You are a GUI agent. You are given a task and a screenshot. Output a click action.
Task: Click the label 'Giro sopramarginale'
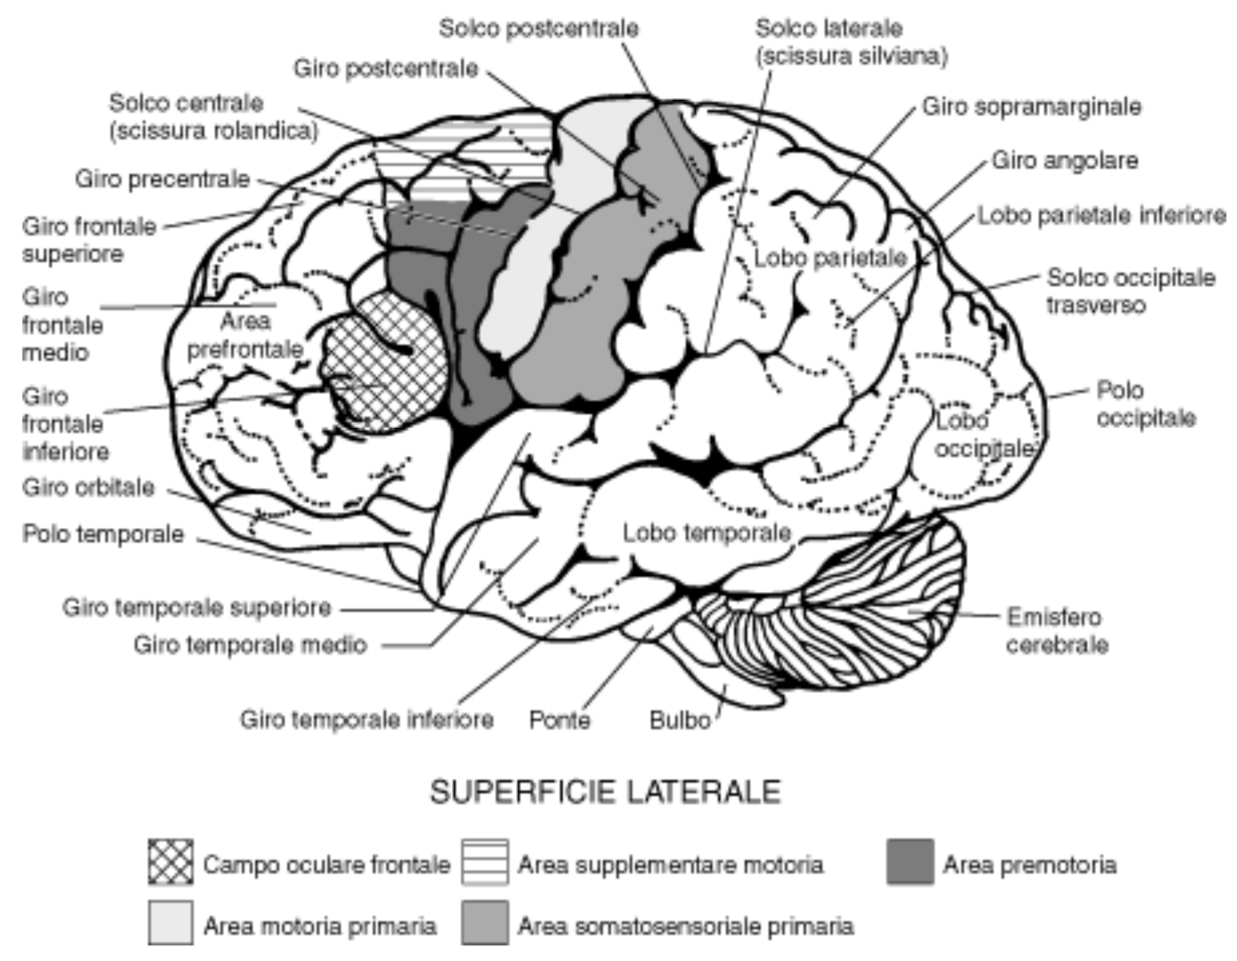1032,107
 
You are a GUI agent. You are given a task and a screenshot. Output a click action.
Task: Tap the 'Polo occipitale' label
1146,404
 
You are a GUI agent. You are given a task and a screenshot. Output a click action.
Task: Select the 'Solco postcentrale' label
539,28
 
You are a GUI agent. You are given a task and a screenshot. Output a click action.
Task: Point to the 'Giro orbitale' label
88,488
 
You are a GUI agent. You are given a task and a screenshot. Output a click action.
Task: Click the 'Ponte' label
559,719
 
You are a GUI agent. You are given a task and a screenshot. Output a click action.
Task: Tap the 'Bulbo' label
680,719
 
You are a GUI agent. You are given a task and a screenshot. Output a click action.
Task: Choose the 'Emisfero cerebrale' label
1057,630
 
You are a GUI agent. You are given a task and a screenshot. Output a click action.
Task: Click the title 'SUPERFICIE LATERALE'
605,792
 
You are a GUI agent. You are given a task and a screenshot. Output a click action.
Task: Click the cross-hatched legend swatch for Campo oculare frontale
170,862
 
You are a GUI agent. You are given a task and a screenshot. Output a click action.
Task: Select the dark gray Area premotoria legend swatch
910,862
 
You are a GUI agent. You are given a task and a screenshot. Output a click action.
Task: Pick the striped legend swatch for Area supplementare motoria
485,862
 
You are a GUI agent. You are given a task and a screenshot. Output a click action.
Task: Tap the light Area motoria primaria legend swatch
170,922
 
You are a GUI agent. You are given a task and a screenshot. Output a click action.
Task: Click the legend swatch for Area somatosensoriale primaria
485,922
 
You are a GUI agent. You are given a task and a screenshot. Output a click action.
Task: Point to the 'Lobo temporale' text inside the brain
706,533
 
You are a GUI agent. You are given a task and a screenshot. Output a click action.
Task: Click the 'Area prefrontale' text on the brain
245,335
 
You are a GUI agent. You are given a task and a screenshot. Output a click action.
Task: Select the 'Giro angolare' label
1064,161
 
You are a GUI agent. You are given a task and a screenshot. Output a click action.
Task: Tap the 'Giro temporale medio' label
250,644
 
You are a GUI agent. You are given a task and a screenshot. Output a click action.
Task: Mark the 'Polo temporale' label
103,534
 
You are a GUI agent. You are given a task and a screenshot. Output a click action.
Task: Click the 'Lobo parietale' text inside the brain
829,257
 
